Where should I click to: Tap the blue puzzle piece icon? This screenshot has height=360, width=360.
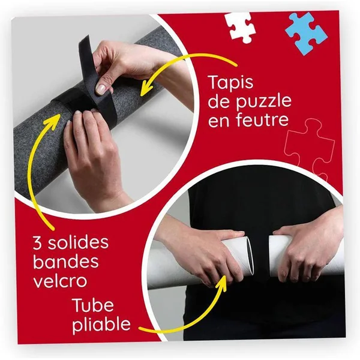pos(306,33)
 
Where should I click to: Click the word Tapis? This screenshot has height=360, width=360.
pos(231,83)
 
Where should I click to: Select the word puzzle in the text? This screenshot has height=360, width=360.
pos(264,102)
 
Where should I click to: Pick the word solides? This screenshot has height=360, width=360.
pos(78,242)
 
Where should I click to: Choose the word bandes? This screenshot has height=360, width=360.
pos(66,261)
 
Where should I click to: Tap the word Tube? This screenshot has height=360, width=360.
pos(93,305)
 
